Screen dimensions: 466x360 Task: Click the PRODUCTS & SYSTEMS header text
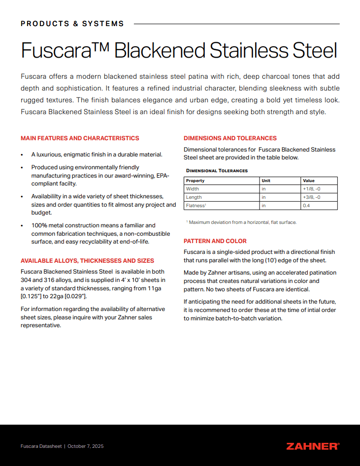point(72,24)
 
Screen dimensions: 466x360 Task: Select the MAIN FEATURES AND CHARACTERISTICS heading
point(80,138)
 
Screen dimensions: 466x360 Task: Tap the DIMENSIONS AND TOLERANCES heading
point(230,138)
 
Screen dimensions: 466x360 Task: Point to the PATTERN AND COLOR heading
point(215,241)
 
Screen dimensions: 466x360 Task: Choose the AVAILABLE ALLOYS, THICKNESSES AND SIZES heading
point(87,261)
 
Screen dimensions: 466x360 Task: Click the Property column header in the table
point(196,181)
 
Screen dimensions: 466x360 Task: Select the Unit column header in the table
point(266,181)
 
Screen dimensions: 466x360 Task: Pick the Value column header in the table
point(308,181)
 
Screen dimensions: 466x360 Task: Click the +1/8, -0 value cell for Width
point(312,189)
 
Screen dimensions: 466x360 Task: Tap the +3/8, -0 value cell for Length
point(312,197)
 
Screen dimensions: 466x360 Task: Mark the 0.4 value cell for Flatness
point(306,206)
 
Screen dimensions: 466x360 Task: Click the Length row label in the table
point(194,197)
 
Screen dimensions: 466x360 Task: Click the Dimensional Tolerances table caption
point(217,171)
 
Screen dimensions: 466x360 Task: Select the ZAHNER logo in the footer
point(312,446)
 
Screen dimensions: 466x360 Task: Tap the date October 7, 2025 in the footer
point(86,446)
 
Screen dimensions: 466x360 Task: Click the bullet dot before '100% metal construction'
point(22,226)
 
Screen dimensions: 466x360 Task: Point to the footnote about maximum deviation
point(241,222)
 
